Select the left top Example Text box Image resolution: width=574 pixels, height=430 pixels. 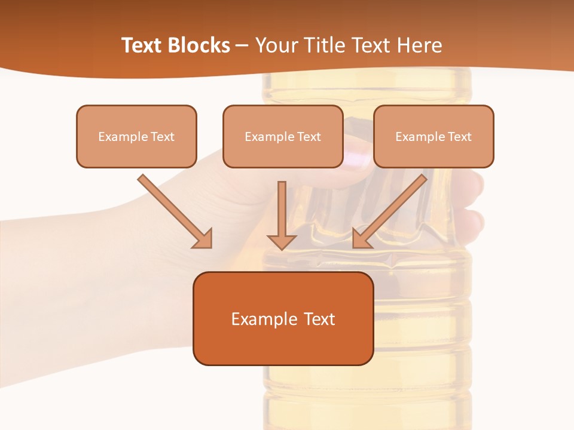pos(136,136)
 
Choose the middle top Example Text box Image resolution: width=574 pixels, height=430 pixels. pos(283,136)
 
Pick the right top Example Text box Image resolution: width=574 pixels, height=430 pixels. pos(433,136)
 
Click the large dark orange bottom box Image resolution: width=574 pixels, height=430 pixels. pos(283,318)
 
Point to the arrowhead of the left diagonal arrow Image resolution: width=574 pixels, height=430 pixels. pos(203,239)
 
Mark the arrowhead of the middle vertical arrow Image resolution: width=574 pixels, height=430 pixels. pos(282,241)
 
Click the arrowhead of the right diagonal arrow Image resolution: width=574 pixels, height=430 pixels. pos(361,239)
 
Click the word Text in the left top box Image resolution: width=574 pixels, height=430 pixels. pos(163,137)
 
